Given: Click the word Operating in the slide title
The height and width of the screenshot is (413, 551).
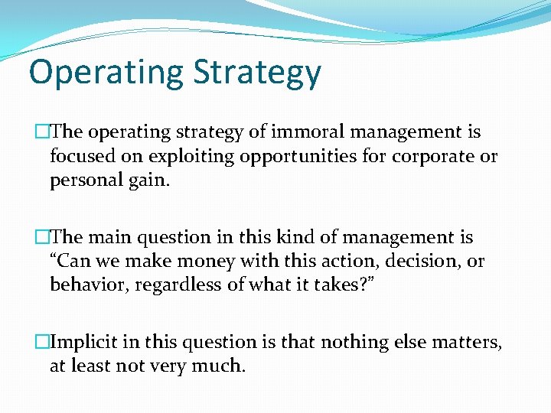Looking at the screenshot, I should pos(106,72).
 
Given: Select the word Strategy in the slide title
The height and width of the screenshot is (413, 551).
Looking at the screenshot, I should pos(257,72).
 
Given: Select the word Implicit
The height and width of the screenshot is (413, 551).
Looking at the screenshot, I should pos(83,342).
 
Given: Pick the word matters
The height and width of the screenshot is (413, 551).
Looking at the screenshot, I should pos(468,342).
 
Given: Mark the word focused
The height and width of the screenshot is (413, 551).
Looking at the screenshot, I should pos(80,158).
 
